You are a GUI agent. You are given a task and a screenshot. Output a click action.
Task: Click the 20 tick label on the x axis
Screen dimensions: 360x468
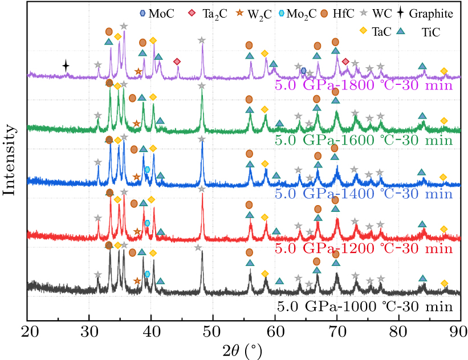[x=27, y=332]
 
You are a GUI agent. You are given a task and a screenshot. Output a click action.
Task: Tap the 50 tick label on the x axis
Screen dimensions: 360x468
[x=213, y=332]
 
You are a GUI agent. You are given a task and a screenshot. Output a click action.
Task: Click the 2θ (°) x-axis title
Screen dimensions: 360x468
[x=243, y=349]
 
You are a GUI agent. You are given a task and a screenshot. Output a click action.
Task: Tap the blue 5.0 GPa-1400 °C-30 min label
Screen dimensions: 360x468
[x=364, y=194]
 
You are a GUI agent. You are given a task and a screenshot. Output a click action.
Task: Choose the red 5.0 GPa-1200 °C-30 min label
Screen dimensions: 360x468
[x=364, y=249]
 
